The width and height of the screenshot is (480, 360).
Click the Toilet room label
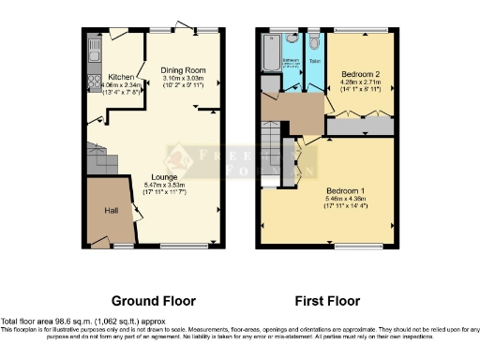tap(314, 60)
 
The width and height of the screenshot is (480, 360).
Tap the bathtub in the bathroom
tap(269, 53)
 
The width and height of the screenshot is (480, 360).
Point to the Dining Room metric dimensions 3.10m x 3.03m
tap(184, 78)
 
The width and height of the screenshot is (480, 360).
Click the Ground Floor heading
tap(154, 301)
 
